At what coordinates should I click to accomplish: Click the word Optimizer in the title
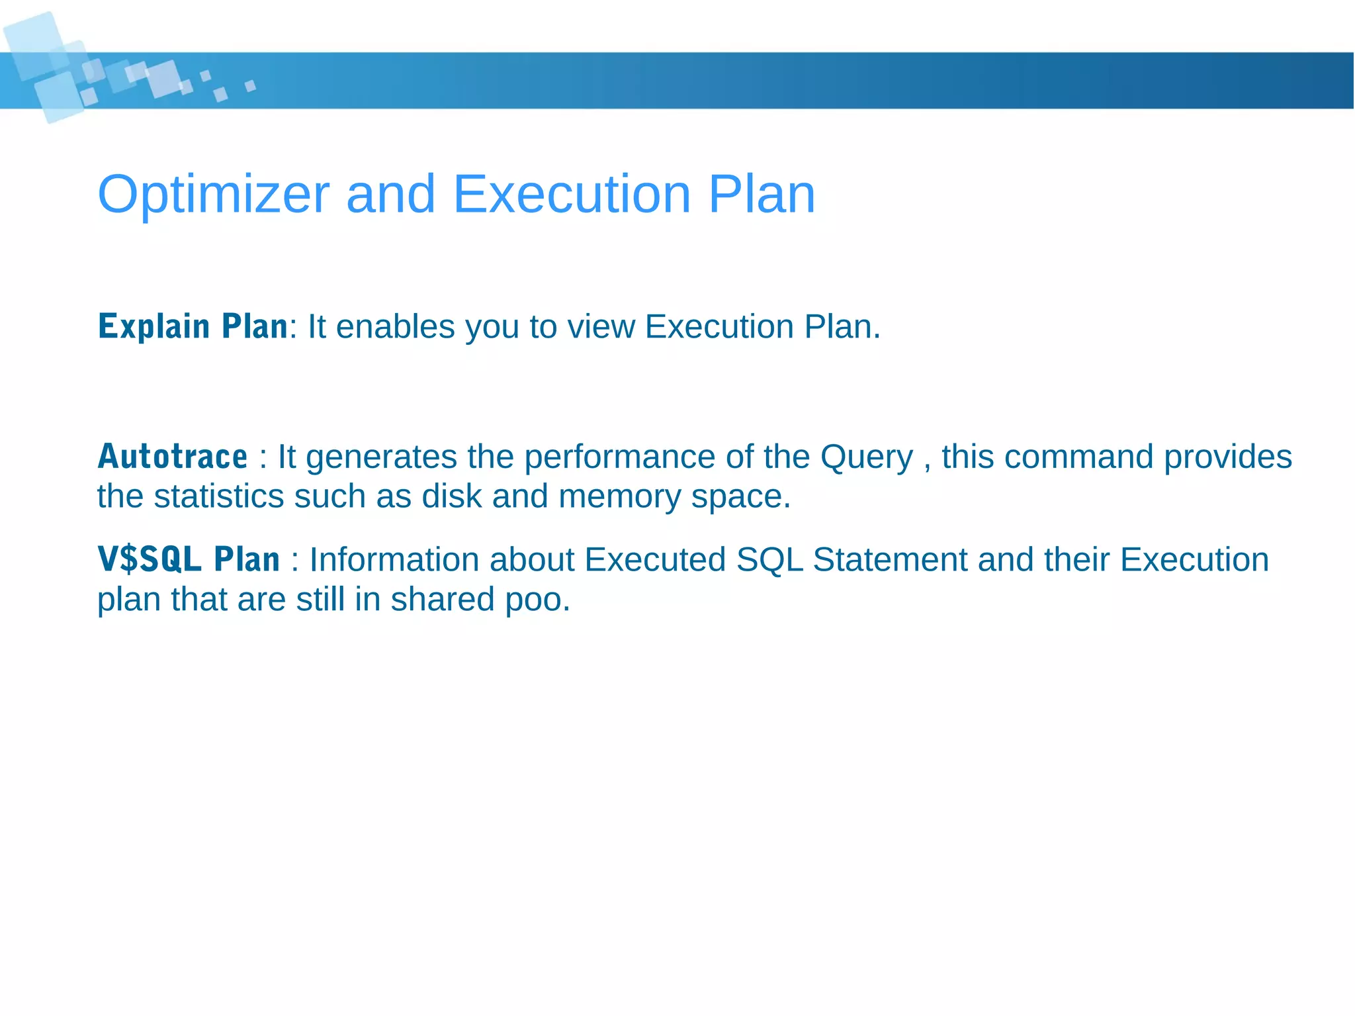213,195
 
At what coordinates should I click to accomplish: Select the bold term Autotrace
172,457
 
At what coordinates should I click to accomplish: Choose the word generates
381,457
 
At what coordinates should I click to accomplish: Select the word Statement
889,559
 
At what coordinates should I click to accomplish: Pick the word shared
442,599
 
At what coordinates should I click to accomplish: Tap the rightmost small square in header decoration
250,86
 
